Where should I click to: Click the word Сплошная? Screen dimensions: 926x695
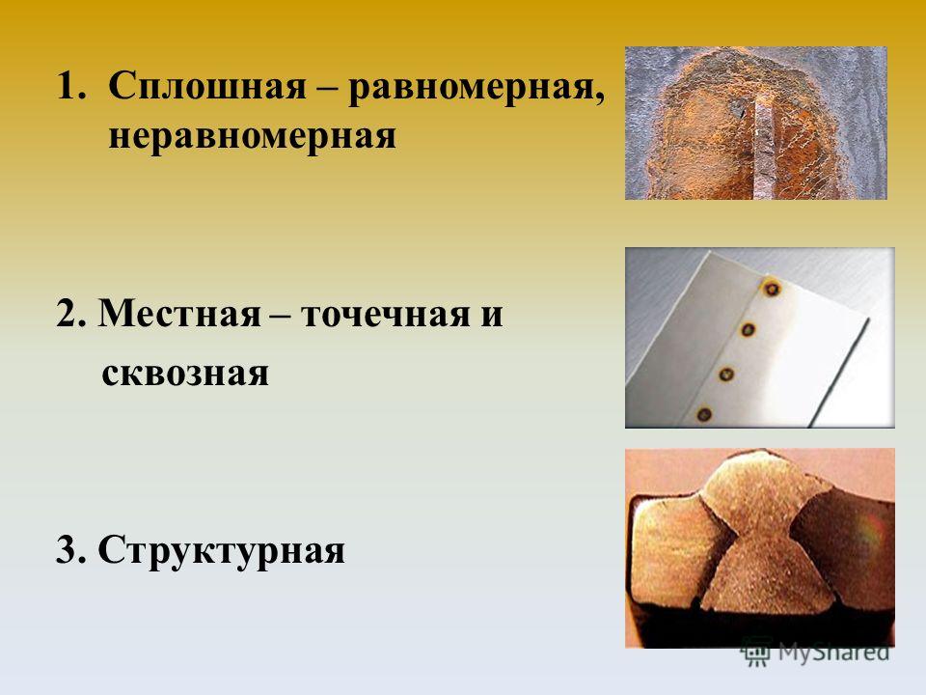click(x=208, y=86)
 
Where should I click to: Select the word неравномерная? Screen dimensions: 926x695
click(x=252, y=136)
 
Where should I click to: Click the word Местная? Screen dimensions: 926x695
click(x=179, y=313)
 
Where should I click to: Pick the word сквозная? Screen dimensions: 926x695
click(x=185, y=373)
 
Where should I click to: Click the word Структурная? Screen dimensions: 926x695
click(x=222, y=551)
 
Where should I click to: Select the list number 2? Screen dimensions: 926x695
click(x=71, y=313)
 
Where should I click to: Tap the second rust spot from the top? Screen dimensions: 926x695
click(x=749, y=330)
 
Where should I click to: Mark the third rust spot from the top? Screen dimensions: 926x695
click(x=726, y=375)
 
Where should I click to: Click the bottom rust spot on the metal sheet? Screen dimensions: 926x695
click(x=703, y=414)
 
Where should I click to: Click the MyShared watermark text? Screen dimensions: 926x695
click(x=833, y=653)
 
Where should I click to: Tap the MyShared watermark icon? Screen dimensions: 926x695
click(x=757, y=652)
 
